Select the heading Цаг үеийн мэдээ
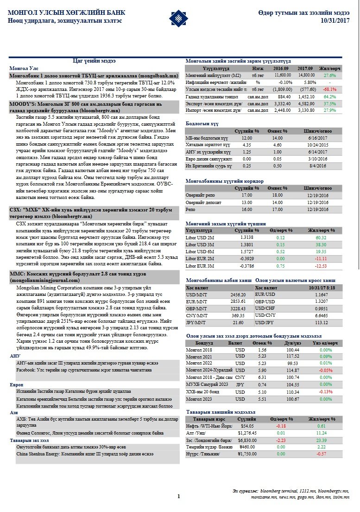coord(95,61)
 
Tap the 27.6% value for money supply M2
coord(329,75)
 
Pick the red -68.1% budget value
coord(329,89)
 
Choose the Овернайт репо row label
coord(200,196)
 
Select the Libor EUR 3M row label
coord(200,266)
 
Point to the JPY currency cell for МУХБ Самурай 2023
coord(240,384)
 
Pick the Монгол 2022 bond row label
coord(197,363)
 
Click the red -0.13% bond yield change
coord(325,392)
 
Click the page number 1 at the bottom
coord(178,497)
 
